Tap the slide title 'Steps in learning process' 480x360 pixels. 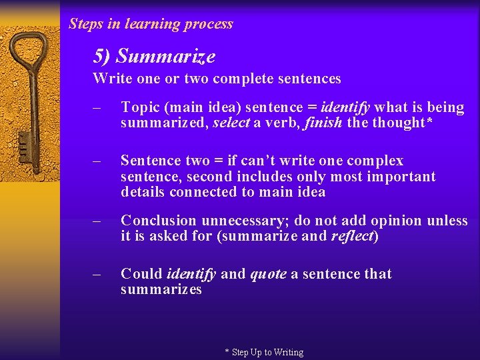(151, 24)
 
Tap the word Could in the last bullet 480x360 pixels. (141, 274)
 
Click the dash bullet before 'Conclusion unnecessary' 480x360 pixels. (97, 221)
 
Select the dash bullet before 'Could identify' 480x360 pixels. (97, 274)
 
